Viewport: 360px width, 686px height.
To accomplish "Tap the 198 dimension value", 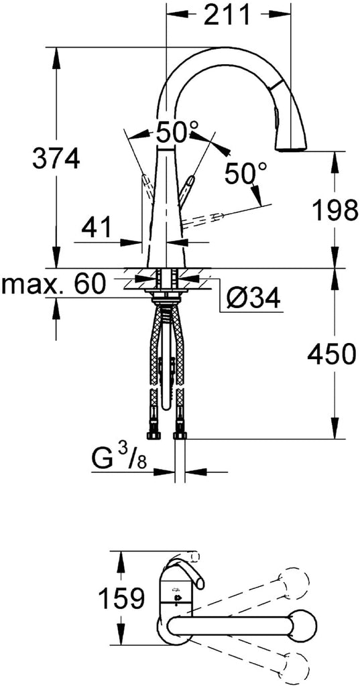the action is [335, 210].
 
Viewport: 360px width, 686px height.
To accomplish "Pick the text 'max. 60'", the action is [54, 284].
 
